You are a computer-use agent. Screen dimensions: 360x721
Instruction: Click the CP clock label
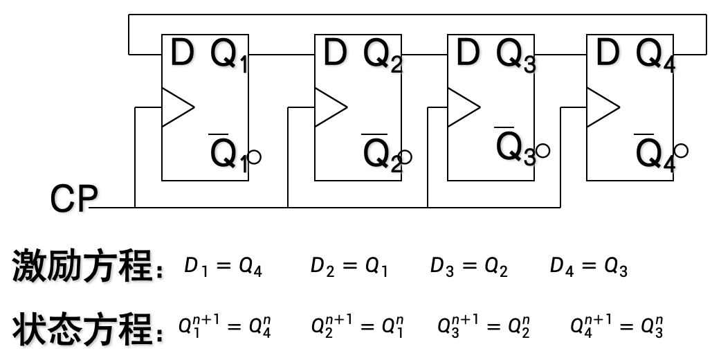tap(73, 199)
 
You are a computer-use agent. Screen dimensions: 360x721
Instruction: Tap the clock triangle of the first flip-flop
tap(176, 107)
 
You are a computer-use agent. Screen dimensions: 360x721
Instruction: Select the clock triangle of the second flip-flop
tap(329, 107)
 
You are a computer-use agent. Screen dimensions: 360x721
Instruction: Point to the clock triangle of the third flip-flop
tap(462, 107)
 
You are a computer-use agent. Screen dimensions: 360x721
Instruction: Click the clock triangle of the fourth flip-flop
tap(601, 107)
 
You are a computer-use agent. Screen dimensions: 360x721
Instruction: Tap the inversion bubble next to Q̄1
tap(254, 157)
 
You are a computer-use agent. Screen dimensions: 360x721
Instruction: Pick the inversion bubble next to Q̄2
tap(405, 157)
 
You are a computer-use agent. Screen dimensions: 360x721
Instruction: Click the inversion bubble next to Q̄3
tap(542, 150)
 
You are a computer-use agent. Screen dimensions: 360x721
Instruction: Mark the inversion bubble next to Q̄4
tap(682, 150)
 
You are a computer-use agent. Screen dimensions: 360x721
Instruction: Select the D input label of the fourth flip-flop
tap(606, 55)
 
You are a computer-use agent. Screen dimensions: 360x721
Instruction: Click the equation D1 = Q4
tap(223, 267)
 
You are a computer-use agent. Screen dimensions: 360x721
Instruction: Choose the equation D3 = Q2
tap(468, 267)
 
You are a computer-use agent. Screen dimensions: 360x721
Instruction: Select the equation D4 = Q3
tap(588, 267)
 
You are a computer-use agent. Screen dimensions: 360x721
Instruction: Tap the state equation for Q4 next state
tap(617, 325)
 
